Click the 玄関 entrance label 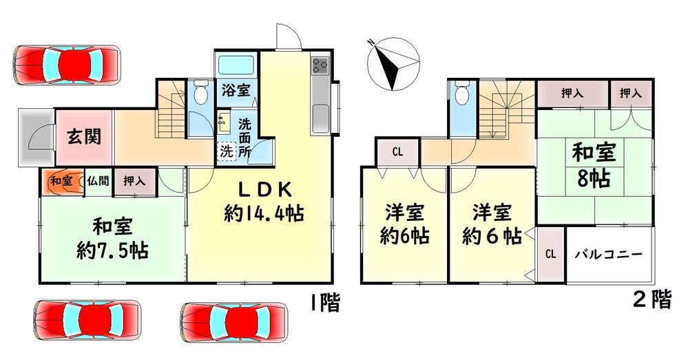click(x=84, y=136)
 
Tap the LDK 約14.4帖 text click(x=264, y=202)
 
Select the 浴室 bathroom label click(x=236, y=90)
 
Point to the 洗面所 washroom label click(x=244, y=138)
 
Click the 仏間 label click(x=98, y=180)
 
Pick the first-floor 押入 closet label click(x=134, y=180)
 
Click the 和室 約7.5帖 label click(x=112, y=240)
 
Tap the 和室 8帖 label click(x=593, y=165)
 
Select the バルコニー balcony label click(x=609, y=254)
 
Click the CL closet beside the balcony click(x=551, y=254)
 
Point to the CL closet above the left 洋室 click(x=397, y=153)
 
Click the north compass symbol click(x=393, y=64)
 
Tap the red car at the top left click(x=67, y=65)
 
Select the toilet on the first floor click(x=200, y=92)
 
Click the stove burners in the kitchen click(x=320, y=66)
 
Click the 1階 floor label click(x=325, y=302)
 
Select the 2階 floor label click(x=652, y=299)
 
